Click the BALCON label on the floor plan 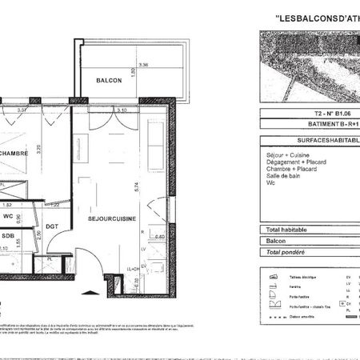click(x=109, y=81)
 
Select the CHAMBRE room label click(x=14, y=154)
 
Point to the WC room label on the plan click(x=7, y=216)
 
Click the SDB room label click(x=7, y=236)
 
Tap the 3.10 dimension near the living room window click(x=122, y=110)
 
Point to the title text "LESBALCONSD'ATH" click(x=315, y=18)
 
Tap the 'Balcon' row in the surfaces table click(x=276, y=240)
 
